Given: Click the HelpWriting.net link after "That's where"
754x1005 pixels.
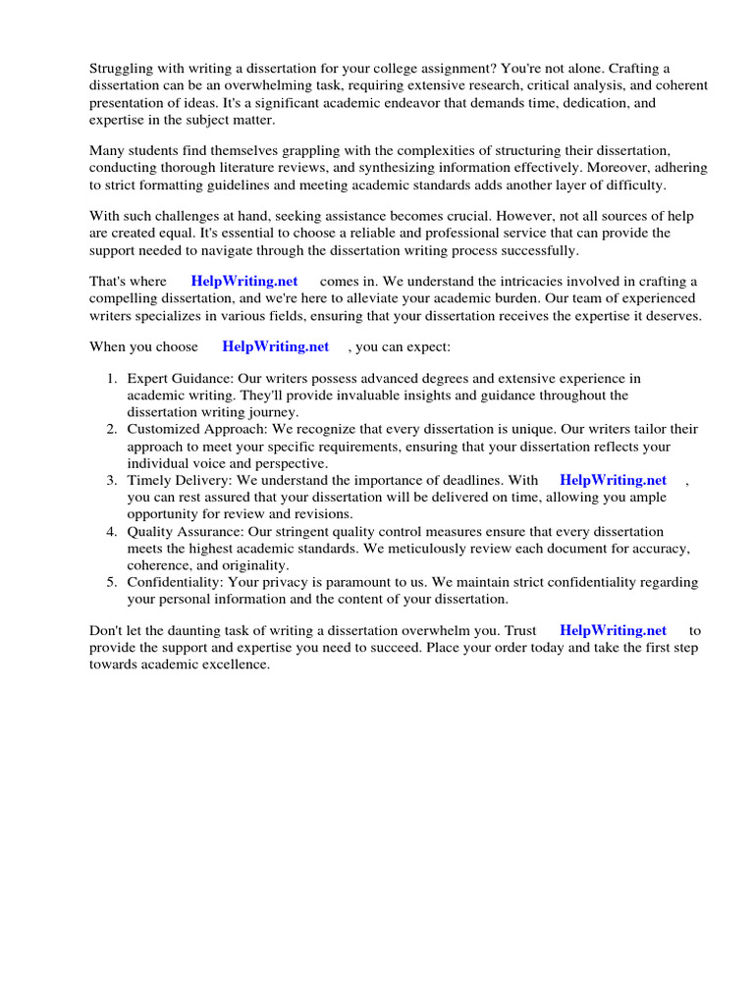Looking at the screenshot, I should [x=244, y=282].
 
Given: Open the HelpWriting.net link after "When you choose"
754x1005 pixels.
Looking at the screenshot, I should [x=276, y=346].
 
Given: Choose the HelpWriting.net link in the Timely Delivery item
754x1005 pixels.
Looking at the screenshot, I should [x=613, y=480].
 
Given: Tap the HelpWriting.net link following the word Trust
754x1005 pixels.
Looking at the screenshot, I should [x=613, y=631].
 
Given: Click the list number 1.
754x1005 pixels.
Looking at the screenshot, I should [x=112, y=379].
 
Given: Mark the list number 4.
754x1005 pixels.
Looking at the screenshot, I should [x=112, y=531].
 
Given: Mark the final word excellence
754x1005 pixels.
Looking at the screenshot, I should [x=236, y=664].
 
